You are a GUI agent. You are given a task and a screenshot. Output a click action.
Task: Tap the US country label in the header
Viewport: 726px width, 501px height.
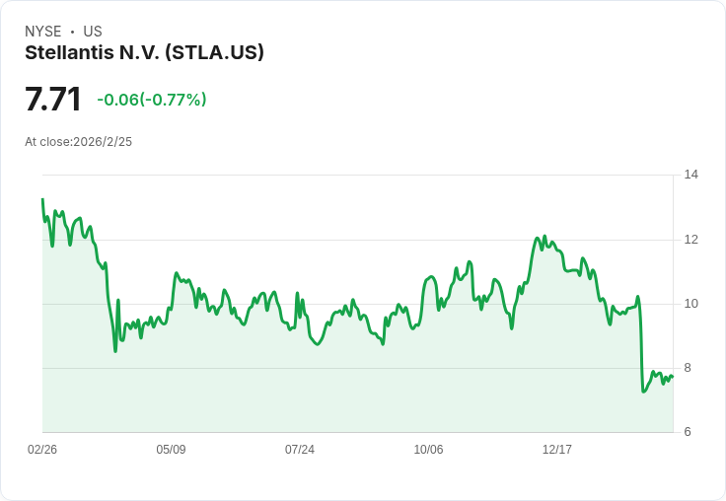click(93, 32)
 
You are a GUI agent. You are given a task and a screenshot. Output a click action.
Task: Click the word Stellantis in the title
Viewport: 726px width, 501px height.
click(68, 53)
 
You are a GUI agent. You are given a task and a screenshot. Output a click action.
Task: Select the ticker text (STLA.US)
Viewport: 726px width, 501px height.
click(214, 53)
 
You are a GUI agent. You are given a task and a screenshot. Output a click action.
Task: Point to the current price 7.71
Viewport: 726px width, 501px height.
click(53, 100)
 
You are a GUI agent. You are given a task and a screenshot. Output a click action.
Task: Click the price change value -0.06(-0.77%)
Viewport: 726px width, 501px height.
click(152, 100)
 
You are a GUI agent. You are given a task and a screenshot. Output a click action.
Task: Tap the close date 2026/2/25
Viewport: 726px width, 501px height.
click(103, 142)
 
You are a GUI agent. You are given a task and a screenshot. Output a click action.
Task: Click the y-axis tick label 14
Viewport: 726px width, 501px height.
click(691, 175)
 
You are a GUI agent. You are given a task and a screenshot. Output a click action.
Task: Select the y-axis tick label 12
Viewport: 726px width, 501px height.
click(691, 240)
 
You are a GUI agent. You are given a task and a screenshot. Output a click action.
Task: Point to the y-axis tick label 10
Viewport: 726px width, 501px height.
click(691, 304)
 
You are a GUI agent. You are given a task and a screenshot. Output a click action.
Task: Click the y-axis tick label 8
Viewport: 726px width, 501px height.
click(688, 368)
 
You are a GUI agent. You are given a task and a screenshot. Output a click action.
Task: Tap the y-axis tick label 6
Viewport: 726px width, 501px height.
click(688, 432)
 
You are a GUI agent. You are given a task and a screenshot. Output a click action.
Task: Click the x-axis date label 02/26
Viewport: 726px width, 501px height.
click(42, 450)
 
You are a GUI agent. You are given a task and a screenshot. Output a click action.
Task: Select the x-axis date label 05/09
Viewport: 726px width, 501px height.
click(171, 450)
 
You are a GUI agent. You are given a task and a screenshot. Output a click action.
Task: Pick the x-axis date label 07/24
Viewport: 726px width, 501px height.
click(300, 450)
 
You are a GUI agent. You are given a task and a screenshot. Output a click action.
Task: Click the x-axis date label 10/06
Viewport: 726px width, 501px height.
click(428, 450)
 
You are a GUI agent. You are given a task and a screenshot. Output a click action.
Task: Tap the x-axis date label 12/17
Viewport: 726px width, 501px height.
click(557, 450)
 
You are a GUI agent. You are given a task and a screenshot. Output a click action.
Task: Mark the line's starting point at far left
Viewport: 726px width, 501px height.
click(42, 199)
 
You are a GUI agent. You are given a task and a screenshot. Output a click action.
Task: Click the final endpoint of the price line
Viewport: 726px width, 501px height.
click(672, 376)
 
